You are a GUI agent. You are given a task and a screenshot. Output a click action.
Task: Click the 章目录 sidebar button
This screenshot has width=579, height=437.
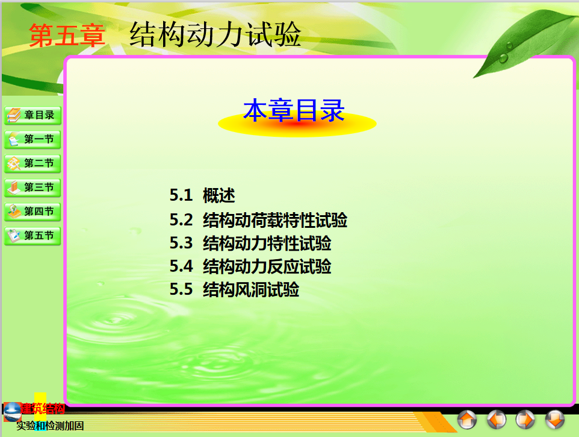(33, 115)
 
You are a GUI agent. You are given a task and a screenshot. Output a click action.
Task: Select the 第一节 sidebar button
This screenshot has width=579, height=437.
(33, 139)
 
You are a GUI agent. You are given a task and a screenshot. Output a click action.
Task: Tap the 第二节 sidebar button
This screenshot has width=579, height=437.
(33, 163)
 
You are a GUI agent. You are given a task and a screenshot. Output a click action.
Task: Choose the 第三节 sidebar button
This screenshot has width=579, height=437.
(33, 187)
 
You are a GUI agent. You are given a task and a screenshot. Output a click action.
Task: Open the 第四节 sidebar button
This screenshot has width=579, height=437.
(33, 212)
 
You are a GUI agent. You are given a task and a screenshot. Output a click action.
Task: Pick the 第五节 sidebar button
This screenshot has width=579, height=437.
(33, 236)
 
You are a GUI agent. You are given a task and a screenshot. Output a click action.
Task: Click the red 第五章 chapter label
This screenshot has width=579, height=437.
(67, 35)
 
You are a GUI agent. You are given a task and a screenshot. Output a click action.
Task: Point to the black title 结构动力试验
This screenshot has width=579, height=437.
(215, 34)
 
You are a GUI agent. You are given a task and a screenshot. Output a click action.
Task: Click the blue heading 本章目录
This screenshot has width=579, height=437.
(294, 110)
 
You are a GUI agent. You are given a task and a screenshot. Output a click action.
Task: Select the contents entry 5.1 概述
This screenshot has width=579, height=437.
(202, 195)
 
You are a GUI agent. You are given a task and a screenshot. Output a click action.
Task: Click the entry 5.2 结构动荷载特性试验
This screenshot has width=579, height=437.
(258, 220)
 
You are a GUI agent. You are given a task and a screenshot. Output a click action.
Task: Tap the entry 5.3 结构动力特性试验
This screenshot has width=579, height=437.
(250, 244)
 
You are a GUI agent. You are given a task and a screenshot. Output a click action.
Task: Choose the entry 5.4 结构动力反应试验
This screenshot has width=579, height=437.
(250, 266)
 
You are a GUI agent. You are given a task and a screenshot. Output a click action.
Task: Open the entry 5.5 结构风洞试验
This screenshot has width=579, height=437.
(234, 289)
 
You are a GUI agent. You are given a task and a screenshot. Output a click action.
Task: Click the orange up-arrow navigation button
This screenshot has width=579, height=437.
(467, 420)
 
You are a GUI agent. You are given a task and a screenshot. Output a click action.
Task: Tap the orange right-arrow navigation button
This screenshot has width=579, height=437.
(525, 420)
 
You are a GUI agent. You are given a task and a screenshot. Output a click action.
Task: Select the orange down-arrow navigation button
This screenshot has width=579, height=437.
(555, 420)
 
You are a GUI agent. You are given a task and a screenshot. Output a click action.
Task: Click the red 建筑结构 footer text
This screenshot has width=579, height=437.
(43, 409)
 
